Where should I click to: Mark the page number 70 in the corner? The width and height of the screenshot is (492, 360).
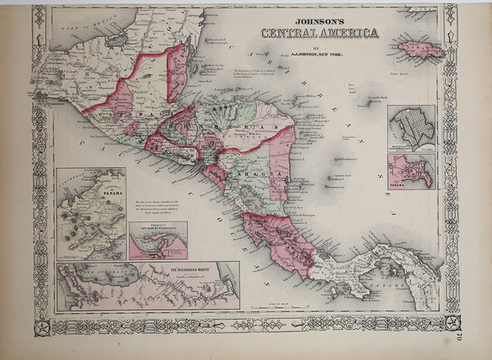point(469,331)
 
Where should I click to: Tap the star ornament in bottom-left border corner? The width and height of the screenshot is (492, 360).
point(43,325)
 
